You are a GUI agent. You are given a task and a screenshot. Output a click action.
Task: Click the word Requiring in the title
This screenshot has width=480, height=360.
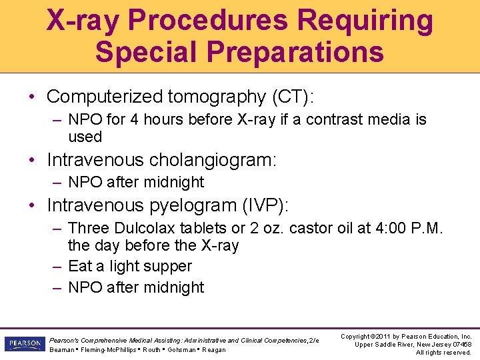(x=365, y=20)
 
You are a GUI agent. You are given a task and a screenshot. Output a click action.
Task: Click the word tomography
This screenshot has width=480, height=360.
(x=216, y=97)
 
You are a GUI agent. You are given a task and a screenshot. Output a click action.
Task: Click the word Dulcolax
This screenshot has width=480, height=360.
(x=146, y=228)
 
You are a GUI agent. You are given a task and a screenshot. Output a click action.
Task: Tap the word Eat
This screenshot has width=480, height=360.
(x=80, y=266)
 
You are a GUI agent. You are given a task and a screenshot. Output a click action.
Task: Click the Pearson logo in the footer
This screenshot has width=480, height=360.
(x=25, y=345)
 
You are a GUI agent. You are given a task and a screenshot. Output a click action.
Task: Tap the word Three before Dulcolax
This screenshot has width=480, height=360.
(x=89, y=228)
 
